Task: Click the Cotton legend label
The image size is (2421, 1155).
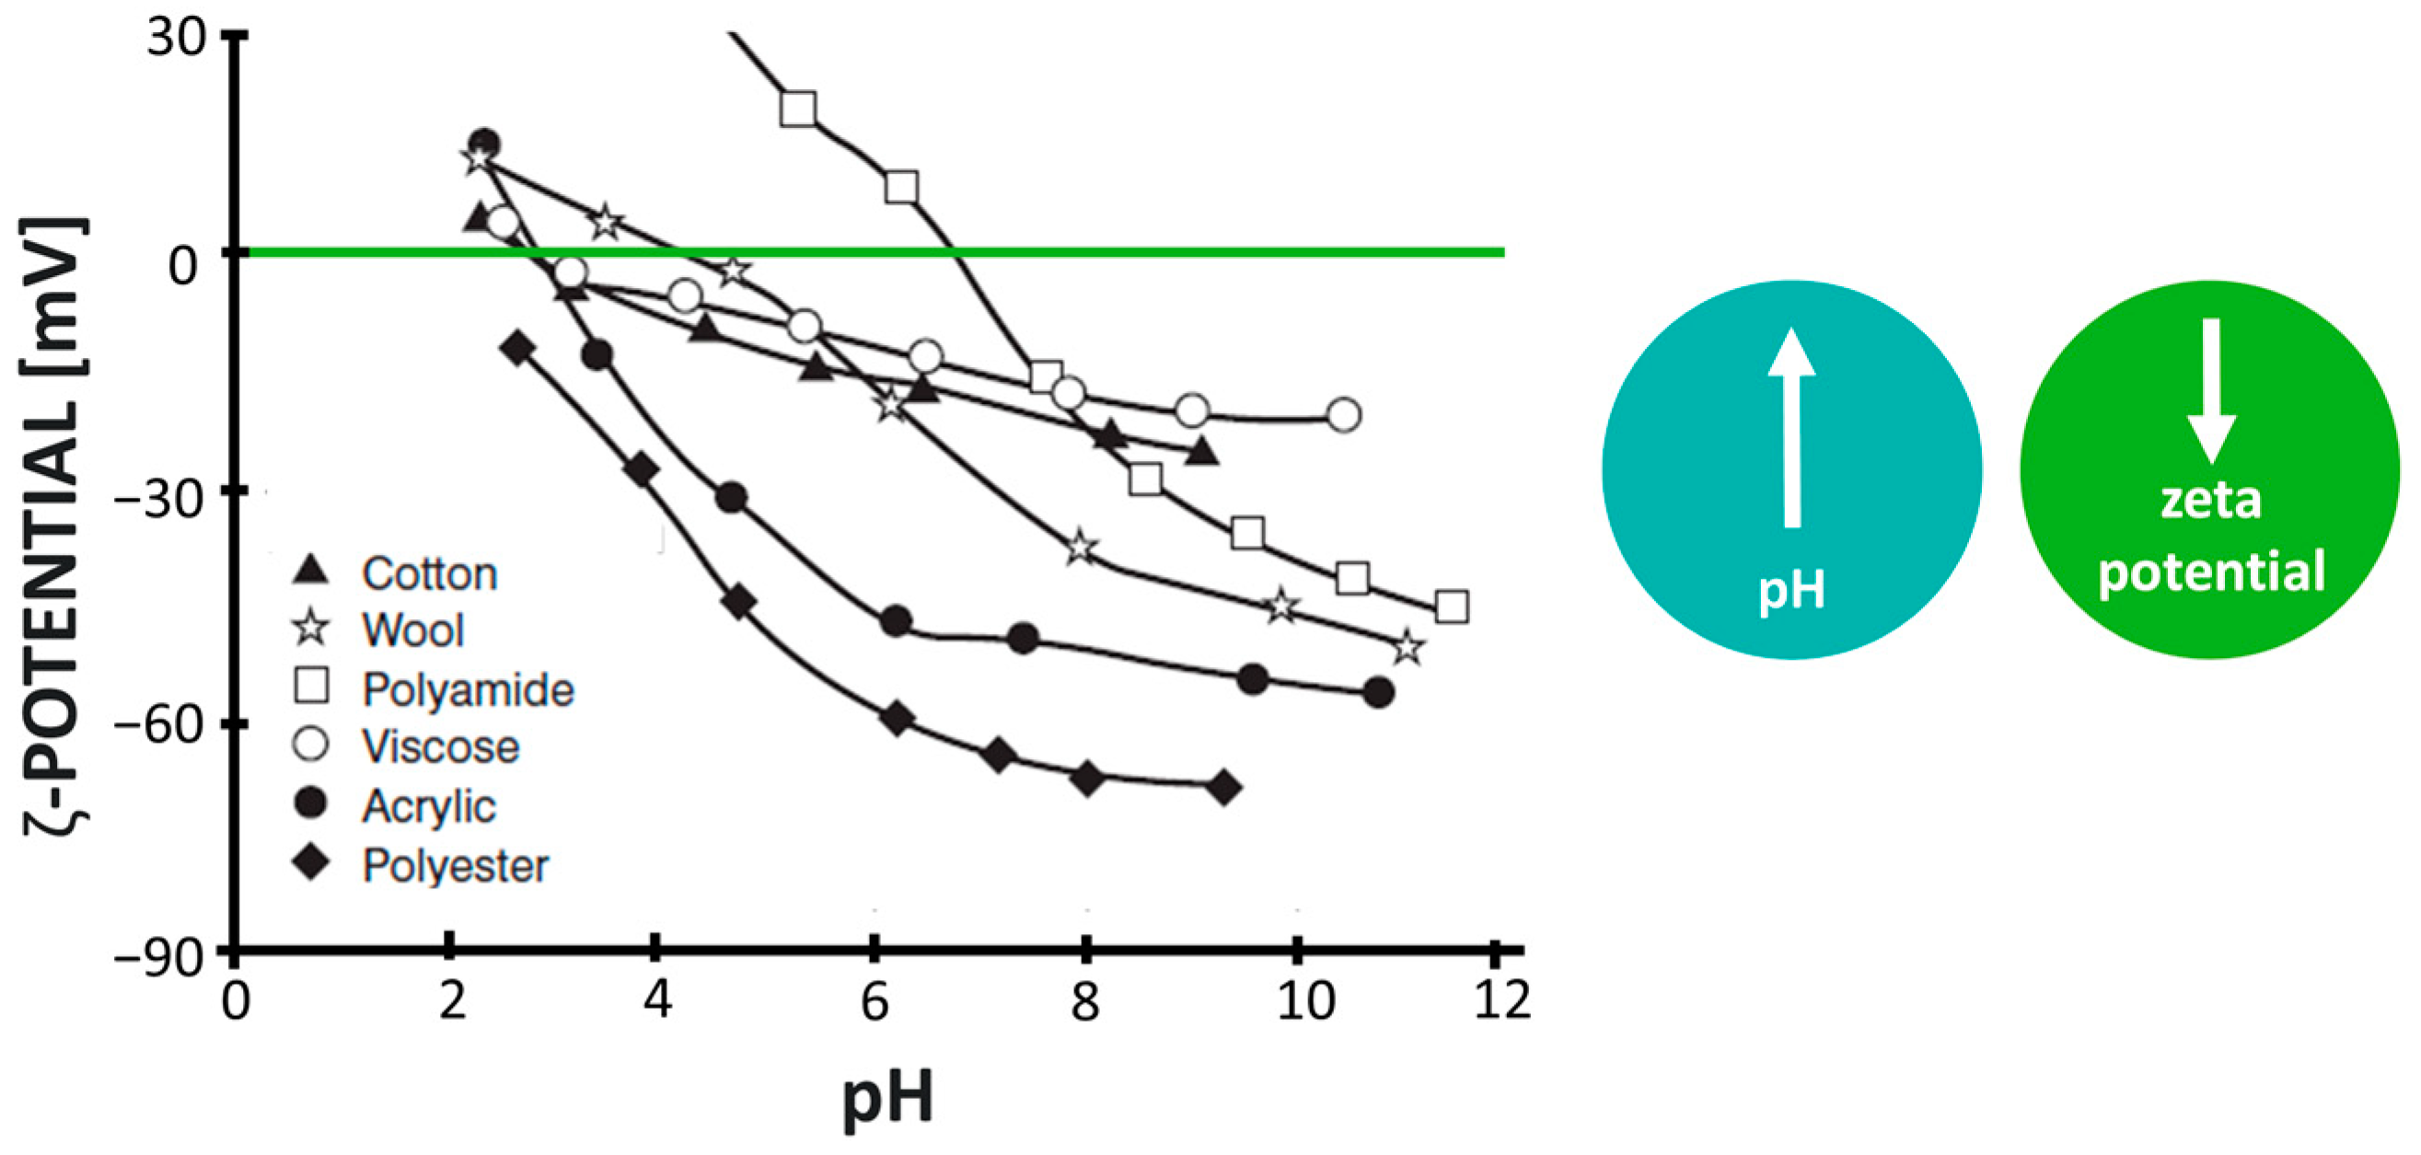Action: [430, 574]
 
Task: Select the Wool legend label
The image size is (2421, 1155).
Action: [412, 630]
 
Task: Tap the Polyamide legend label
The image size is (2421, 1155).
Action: [468, 690]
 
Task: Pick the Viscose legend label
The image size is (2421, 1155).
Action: [441, 747]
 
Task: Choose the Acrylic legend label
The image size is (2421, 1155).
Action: [429, 806]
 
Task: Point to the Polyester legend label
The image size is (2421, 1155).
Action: [456, 865]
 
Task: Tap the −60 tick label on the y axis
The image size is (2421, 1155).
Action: [158, 724]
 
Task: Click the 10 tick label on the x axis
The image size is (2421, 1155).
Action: [1305, 1002]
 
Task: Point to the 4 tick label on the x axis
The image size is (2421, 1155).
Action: [658, 1002]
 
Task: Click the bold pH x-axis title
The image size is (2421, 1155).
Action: [887, 1098]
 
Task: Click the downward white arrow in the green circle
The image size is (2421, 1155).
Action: [2210, 391]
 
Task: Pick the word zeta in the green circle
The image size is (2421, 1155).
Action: [2210, 500]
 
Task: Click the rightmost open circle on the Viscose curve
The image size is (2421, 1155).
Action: [1345, 414]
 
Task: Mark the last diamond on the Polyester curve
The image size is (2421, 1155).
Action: [1223, 788]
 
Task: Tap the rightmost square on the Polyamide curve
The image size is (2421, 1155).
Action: [1452, 607]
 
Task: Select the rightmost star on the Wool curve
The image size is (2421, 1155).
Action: [1407, 649]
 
